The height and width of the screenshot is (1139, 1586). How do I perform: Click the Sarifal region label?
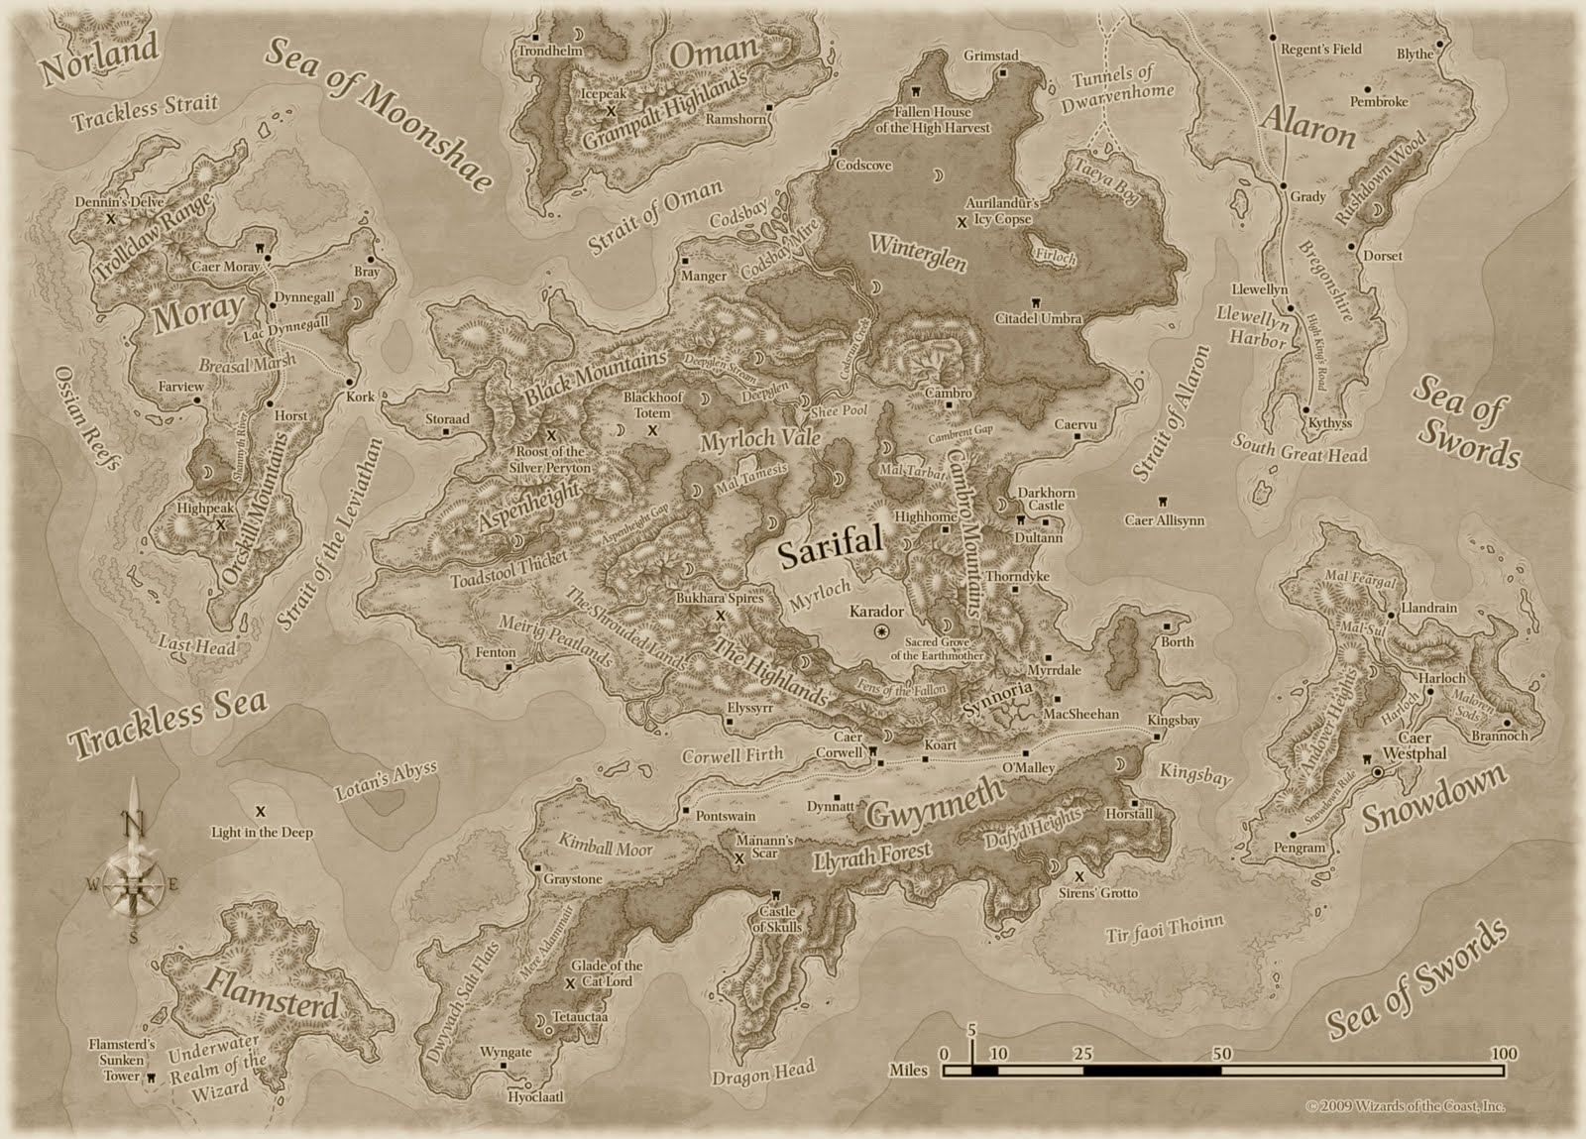point(830,552)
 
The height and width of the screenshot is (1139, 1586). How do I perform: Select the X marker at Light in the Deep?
point(261,811)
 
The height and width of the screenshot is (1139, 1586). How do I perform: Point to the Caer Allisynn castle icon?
point(1162,502)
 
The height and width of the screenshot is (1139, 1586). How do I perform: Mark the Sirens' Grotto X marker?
point(1078,876)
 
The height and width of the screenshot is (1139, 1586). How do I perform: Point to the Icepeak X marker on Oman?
point(612,109)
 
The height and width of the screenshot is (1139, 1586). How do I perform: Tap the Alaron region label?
point(1307,127)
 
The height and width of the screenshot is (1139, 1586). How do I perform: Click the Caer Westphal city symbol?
point(1377,771)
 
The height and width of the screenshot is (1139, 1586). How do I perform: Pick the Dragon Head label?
point(762,1073)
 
